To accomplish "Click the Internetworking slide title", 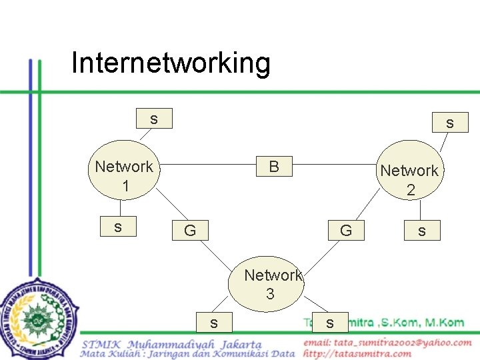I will pyautogui.click(x=171, y=63).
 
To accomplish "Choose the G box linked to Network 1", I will pyautogui.click(x=190, y=231).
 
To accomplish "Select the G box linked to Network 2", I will pyautogui.click(x=346, y=231).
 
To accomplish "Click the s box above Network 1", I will pyautogui.click(x=154, y=119).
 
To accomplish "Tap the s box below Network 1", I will pyautogui.click(x=118, y=227).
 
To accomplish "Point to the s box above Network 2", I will pyautogui.click(x=450, y=123).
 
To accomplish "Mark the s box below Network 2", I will pyautogui.click(x=421, y=231).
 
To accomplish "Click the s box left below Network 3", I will pyautogui.click(x=213, y=323).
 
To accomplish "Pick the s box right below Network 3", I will pyautogui.click(x=329, y=323).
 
